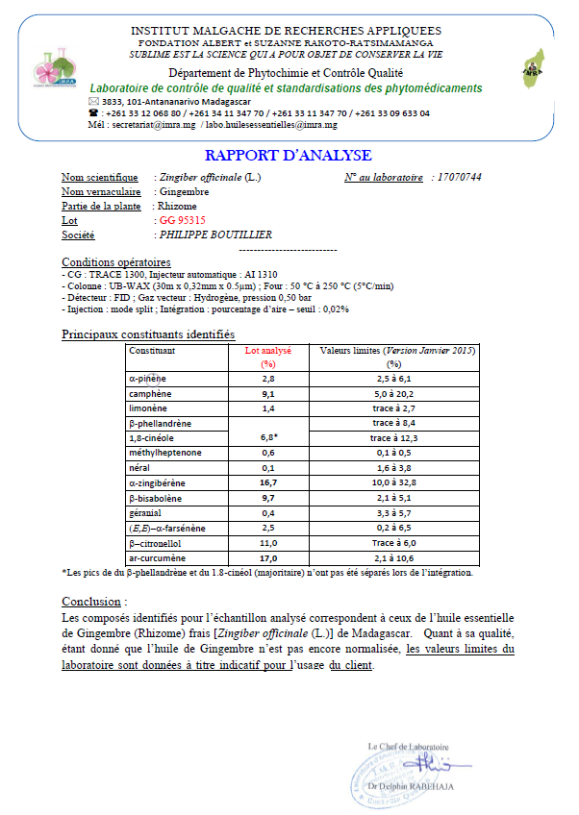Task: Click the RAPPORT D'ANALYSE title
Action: pos(289,156)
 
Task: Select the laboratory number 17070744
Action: pos(457,178)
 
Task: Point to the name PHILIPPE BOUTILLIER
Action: pos(214,235)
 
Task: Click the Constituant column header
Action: pos(153,351)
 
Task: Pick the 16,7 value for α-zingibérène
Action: pos(268,483)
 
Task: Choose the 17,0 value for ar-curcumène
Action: pos(268,558)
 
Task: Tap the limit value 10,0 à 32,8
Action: pos(392,483)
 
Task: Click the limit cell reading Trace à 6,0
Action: pos(392,543)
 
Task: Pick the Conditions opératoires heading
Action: pos(116,262)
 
